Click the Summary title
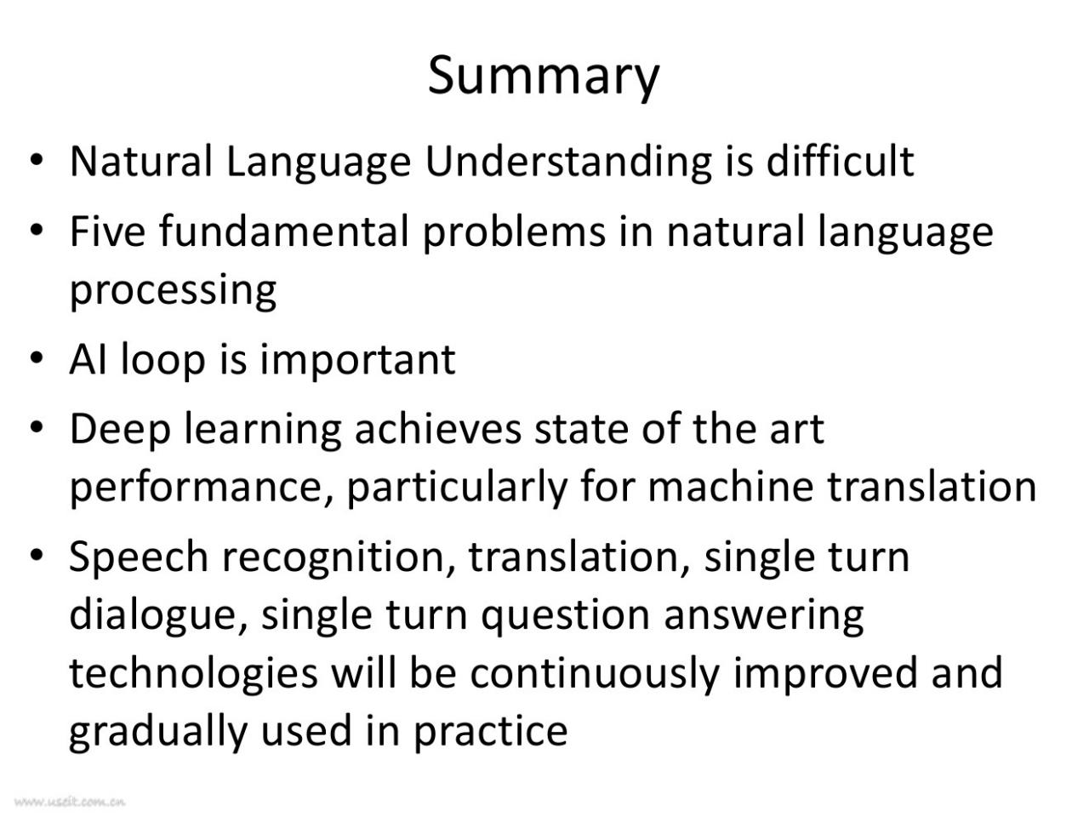pyautogui.click(x=544, y=77)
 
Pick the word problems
pyautogui.click(x=514, y=232)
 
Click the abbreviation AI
pyautogui.click(x=88, y=359)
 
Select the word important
pyautogui.click(x=357, y=361)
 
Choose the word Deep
pyautogui.click(x=120, y=431)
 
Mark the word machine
pyautogui.click(x=730, y=486)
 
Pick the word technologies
pyautogui.click(x=193, y=675)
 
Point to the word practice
pyautogui.click(x=491, y=733)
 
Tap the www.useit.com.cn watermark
pyautogui.click(x=70, y=802)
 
